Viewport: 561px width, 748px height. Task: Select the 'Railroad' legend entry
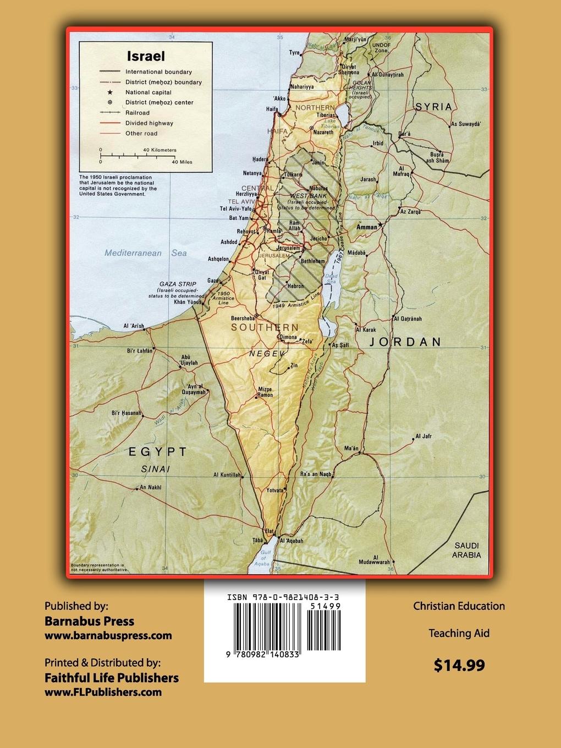coord(137,113)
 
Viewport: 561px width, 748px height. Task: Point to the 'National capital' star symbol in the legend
coord(109,92)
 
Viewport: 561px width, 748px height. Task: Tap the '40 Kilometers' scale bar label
coord(159,150)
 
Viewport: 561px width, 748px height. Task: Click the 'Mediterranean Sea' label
coord(146,253)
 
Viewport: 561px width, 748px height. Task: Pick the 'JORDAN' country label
coord(405,342)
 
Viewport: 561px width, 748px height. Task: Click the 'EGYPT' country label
coord(158,452)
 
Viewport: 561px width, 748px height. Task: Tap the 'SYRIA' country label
coord(433,107)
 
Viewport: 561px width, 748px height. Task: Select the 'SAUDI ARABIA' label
coord(466,550)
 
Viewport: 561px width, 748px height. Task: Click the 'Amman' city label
coord(367,227)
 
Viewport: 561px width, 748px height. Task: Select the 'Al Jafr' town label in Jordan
coord(424,436)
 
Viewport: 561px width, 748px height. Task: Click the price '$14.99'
coord(459,665)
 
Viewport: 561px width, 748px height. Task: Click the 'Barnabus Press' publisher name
coord(89,621)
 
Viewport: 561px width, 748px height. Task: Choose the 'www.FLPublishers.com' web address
coord(103,692)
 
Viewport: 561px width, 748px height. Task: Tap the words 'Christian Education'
coord(459,606)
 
